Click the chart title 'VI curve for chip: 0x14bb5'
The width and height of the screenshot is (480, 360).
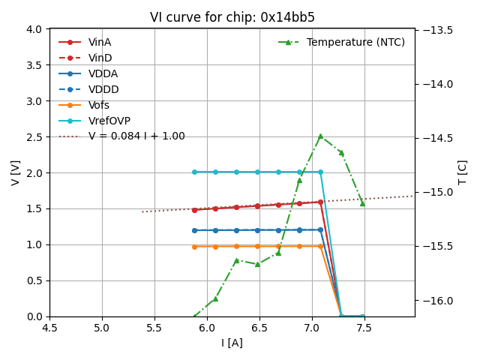pyautogui.click(x=232, y=17)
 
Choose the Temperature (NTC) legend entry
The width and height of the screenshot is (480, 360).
pyautogui.click(x=355, y=42)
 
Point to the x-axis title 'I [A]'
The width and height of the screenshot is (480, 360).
pyautogui.click(x=232, y=343)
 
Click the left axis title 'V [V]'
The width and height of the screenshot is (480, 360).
pyautogui.click(x=16, y=172)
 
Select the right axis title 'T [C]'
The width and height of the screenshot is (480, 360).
pyautogui.click(x=462, y=172)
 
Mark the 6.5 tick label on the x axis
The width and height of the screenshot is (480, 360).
pyautogui.click(x=259, y=328)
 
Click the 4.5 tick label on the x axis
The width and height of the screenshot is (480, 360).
pyautogui.click(x=49, y=328)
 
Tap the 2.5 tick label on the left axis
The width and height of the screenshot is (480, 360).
pyautogui.click(x=34, y=136)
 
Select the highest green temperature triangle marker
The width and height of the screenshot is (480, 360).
pyautogui.click(x=320, y=136)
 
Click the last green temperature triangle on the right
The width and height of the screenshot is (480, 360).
pyautogui.click(x=362, y=203)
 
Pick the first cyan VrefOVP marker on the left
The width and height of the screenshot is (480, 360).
pyautogui.click(x=194, y=172)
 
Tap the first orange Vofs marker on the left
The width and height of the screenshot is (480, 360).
pyautogui.click(x=194, y=246)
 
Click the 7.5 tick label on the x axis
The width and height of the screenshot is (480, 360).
pyautogui.click(x=364, y=328)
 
